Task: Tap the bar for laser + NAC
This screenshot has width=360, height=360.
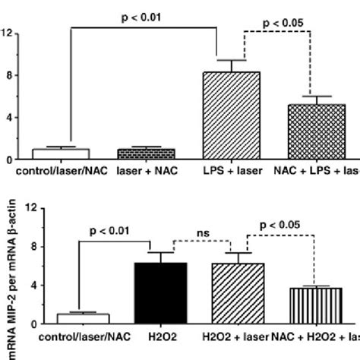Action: [x=147, y=154]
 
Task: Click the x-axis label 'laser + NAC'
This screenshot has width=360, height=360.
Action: [x=147, y=172]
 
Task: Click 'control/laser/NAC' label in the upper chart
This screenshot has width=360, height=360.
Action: [x=59, y=172]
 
